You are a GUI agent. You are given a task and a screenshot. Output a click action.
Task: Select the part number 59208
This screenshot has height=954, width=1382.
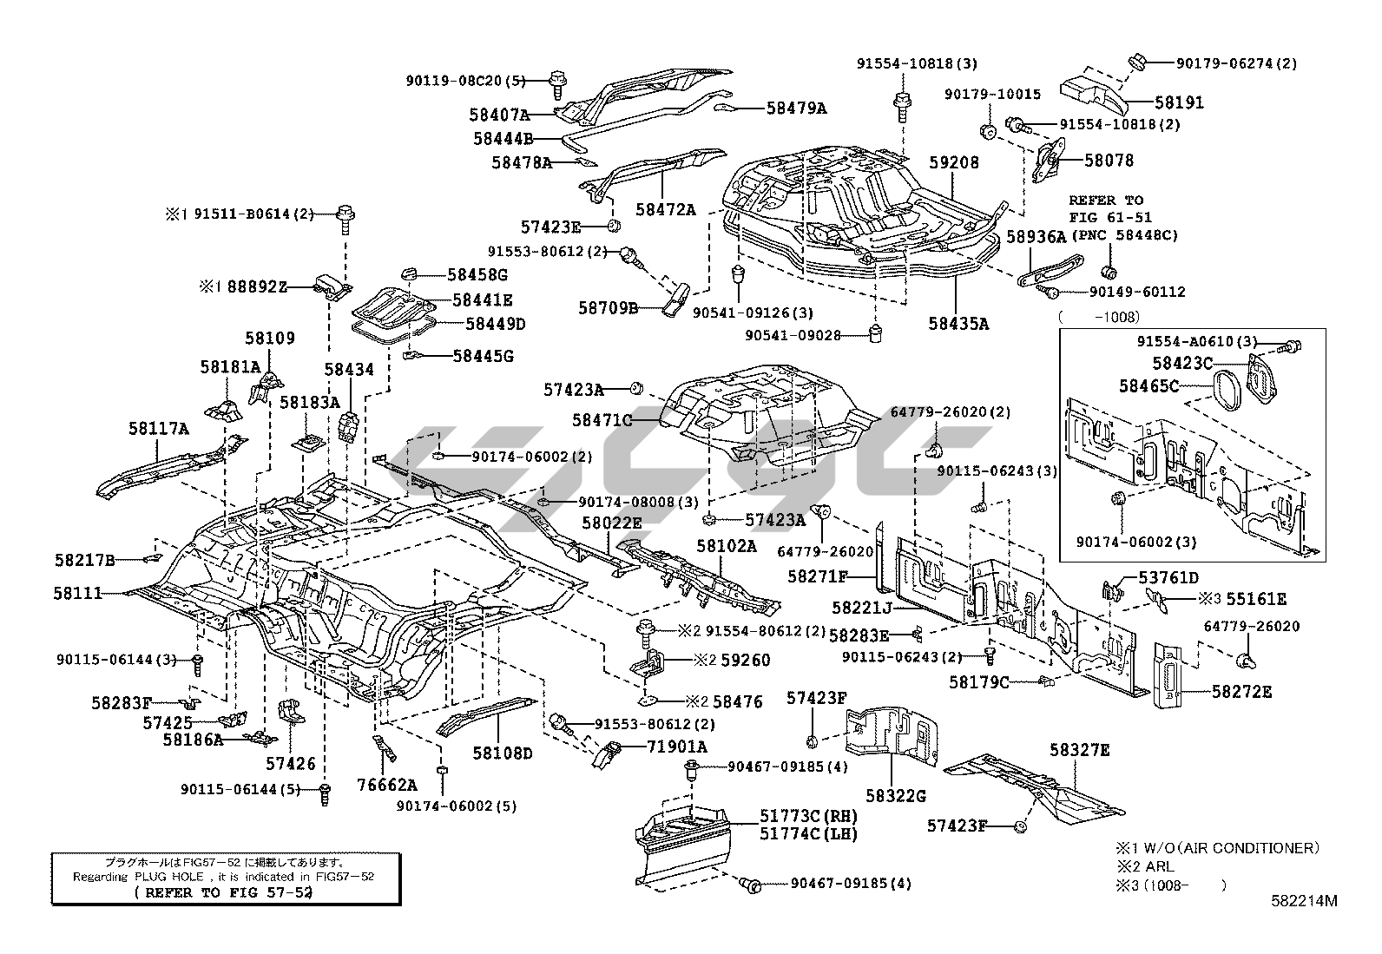coord(953,162)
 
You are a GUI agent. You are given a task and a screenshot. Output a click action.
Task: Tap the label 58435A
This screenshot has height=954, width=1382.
coord(958,324)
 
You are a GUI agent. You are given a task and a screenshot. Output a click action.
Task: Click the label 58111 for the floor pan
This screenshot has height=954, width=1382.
coord(77,593)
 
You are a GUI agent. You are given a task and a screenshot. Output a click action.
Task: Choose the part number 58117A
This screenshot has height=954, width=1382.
coord(159,428)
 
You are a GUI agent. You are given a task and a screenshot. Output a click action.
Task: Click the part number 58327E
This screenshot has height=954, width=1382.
coord(1079,750)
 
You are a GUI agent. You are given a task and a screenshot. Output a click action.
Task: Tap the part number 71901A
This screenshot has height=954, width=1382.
coord(676,747)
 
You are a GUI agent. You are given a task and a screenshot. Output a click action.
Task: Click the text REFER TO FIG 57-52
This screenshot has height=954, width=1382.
coord(223,892)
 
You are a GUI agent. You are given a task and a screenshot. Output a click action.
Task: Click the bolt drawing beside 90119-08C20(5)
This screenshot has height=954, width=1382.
coord(557,82)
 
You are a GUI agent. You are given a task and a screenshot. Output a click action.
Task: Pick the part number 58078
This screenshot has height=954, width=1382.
coord(1109,161)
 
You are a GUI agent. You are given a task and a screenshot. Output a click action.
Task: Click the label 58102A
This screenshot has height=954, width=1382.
coord(726,546)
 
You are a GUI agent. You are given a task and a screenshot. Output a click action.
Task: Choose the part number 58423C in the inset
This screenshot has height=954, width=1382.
coord(1182,363)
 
